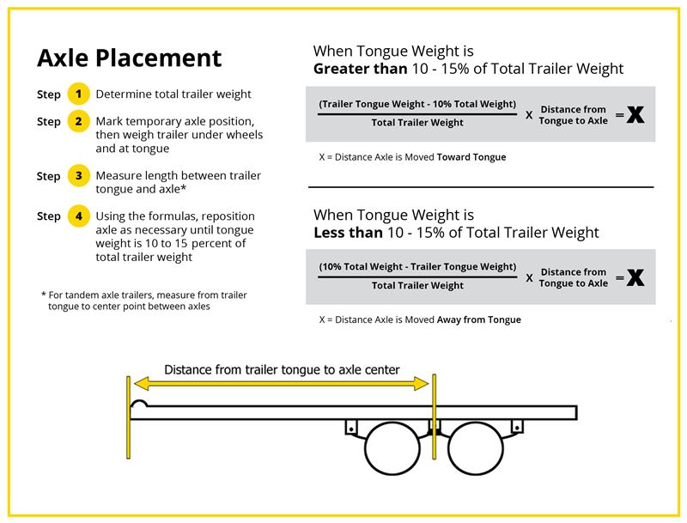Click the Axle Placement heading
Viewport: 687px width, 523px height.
coord(130,58)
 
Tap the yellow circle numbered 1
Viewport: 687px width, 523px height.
coord(78,94)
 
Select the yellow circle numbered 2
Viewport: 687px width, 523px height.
coord(78,121)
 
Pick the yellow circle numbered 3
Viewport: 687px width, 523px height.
coord(78,176)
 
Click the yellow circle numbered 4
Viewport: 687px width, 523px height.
coord(78,216)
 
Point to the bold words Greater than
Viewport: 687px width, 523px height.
coord(360,69)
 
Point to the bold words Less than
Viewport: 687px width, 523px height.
coord(348,233)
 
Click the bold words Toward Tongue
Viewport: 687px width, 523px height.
coord(471,157)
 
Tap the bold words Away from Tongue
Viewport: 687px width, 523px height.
coord(479,319)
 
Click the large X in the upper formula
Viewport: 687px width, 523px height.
coord(635,115)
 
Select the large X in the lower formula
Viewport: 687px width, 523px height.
coord(635,277)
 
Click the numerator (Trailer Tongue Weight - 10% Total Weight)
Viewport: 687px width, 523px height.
coord(417,104)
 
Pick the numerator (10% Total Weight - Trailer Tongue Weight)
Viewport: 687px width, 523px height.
coord(417,267)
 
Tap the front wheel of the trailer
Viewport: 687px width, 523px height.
coord(392,448)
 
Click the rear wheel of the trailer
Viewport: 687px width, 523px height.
coord(476,448)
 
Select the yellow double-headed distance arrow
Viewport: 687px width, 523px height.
coord(281,384)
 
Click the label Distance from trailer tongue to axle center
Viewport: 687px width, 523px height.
coord(282,369)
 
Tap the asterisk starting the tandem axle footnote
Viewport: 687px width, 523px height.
coord(44,295)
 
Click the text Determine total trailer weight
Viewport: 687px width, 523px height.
coord(173,94)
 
